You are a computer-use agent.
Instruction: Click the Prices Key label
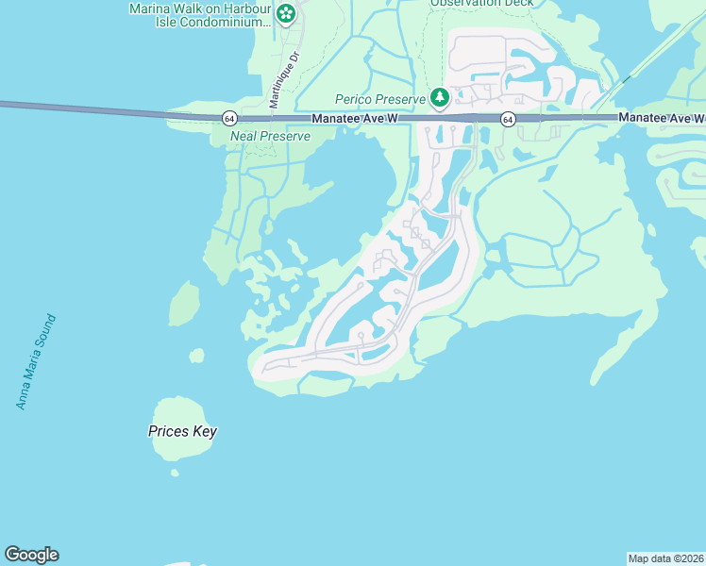(182, 432)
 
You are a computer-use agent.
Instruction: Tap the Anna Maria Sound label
(36, 362)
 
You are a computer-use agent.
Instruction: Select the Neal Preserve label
(270, 137)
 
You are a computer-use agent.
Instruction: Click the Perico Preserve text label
(381, 98)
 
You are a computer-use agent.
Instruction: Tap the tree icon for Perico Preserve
(439, 97)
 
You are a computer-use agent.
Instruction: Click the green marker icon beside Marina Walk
(287, 14)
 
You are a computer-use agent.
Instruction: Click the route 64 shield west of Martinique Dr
(229, 118)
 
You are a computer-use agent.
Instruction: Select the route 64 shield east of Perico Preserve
(508, 119)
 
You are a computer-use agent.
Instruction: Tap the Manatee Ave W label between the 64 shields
(354, 118)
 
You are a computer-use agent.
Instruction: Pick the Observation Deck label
(481, 3)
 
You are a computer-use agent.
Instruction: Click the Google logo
(31, 555)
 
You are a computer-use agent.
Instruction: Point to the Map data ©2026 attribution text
(665, 558)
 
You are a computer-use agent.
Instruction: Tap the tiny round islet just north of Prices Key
(196, 356)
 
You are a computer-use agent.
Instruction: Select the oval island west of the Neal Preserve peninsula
(184, 303)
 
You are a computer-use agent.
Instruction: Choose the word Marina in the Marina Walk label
(150, 9)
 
